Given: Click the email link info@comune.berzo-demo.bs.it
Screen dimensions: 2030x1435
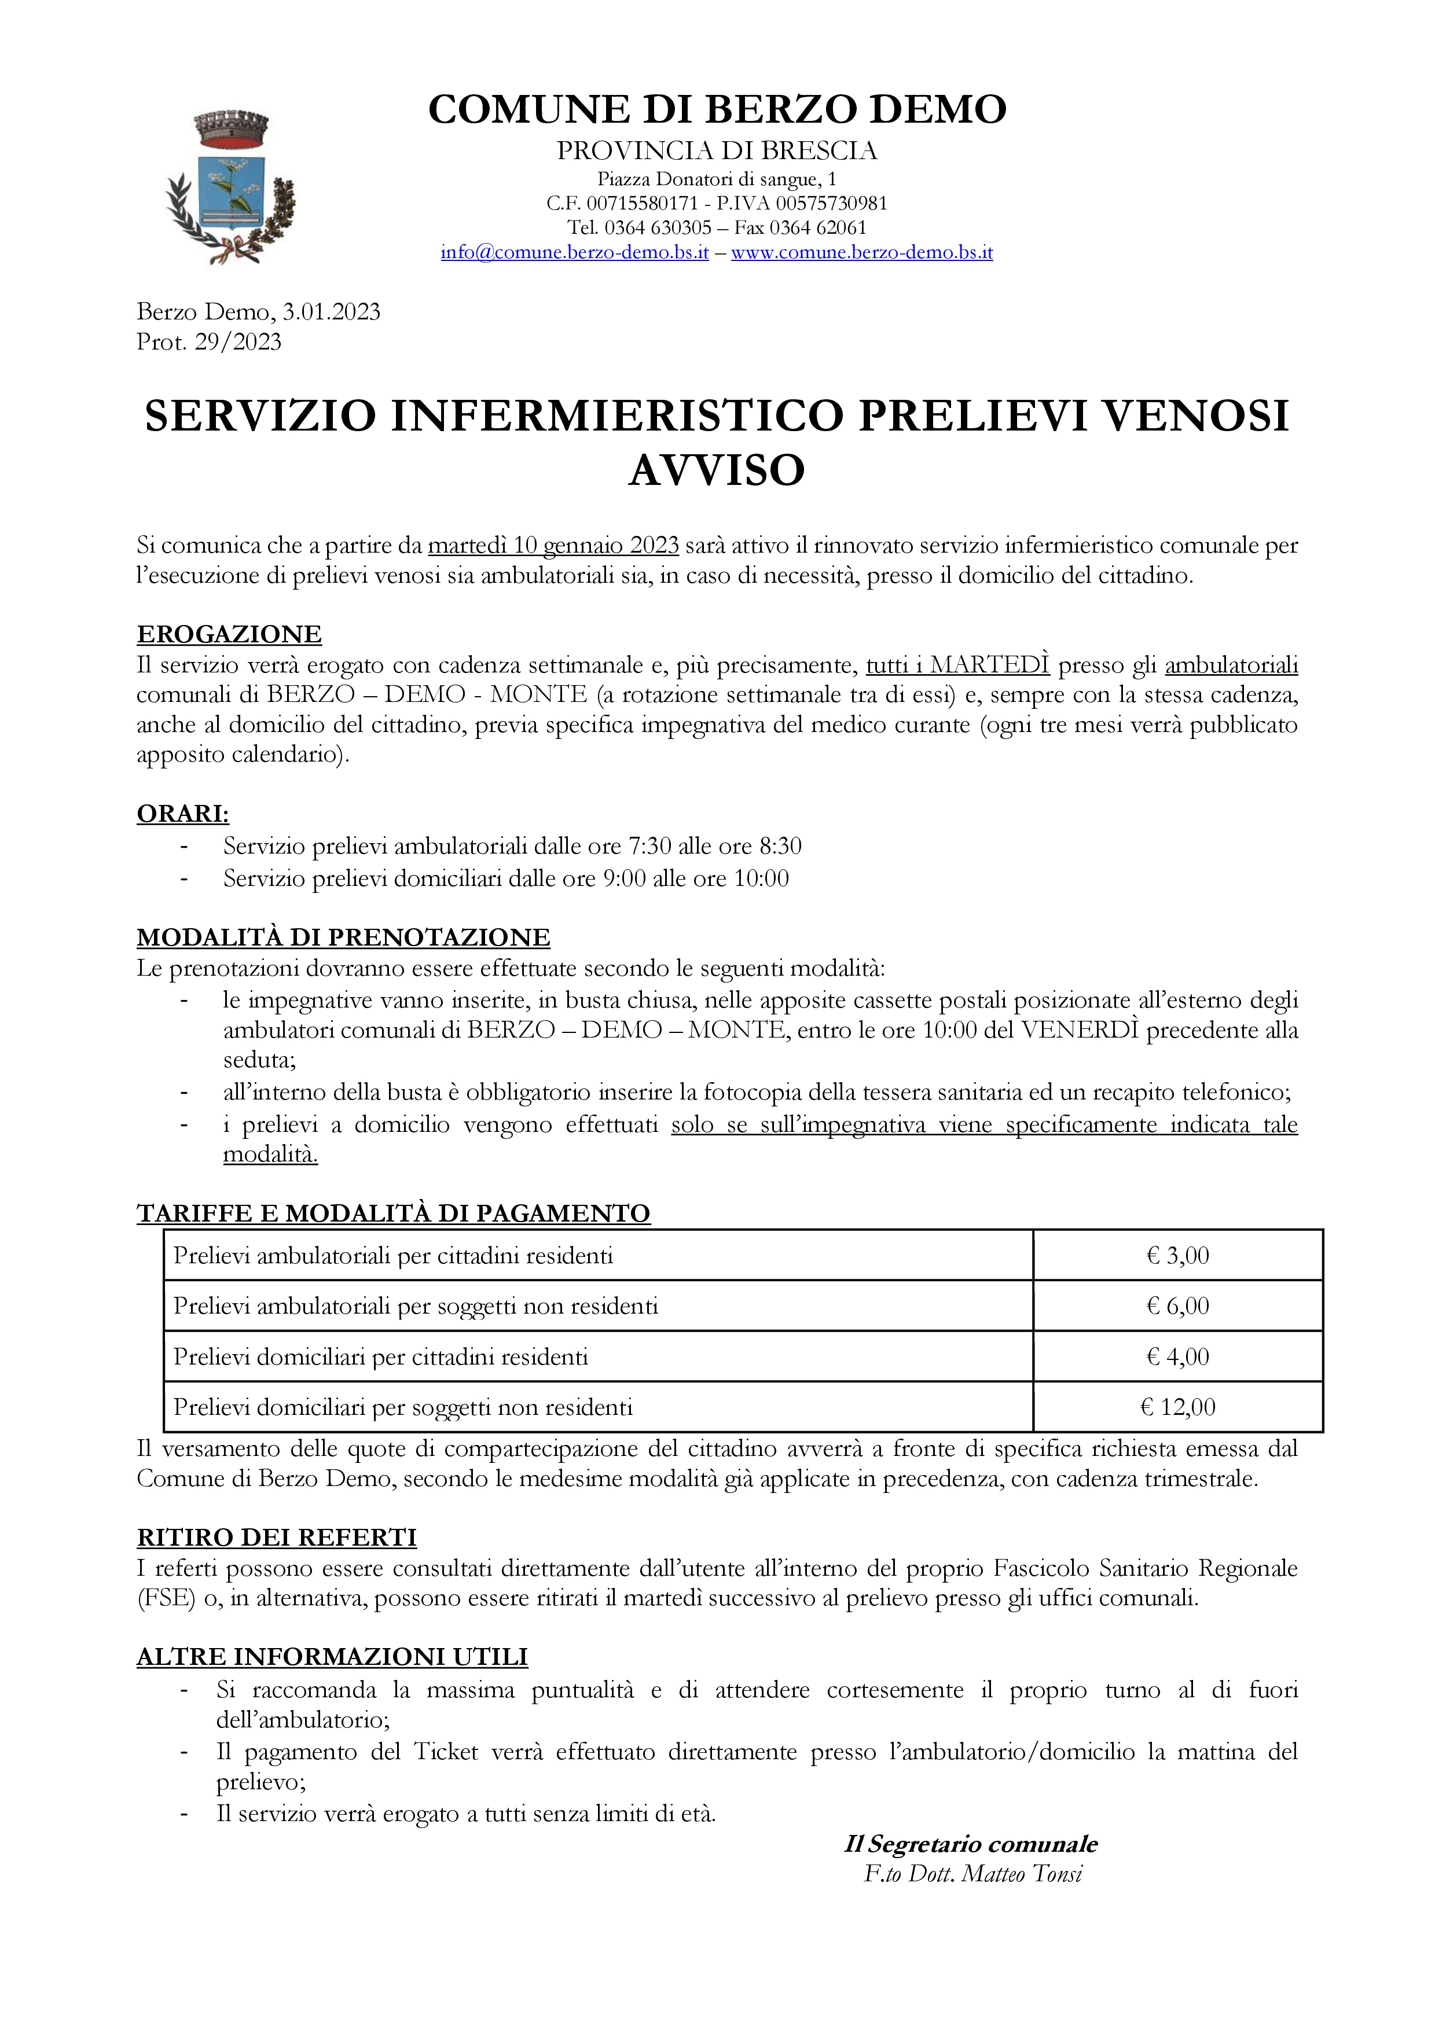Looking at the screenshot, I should pyautogui.click(x=575, y=253).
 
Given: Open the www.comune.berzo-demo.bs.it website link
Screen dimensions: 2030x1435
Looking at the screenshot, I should pyautogui.click(x=861, y=253).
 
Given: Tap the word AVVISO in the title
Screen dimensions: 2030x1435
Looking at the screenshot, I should pyautogui.click(x=717, y=469).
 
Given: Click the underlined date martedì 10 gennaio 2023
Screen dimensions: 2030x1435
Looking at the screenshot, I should pyautogui.click(x=553, y=546).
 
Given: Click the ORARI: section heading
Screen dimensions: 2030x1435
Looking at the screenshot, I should pyautogui.click(x=183, y=814).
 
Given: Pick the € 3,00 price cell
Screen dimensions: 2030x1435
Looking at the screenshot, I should pyautogui.click(x=1178, y=1256).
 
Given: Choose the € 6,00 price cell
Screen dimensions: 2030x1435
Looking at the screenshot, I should pyautogui.click(x=1178, y=1306).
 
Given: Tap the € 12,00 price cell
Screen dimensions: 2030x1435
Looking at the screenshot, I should pyautogui.click(x=1178, y=1407).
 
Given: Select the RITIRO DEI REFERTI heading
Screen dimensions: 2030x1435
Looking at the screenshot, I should pyautogui.click(x=277, y=1538).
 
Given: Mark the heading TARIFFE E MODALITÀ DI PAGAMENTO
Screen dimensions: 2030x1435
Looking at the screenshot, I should pyautogui.click(x=394, y=1213).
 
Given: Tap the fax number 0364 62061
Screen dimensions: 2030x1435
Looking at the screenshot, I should pyautogui.click(x=817, y=228).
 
